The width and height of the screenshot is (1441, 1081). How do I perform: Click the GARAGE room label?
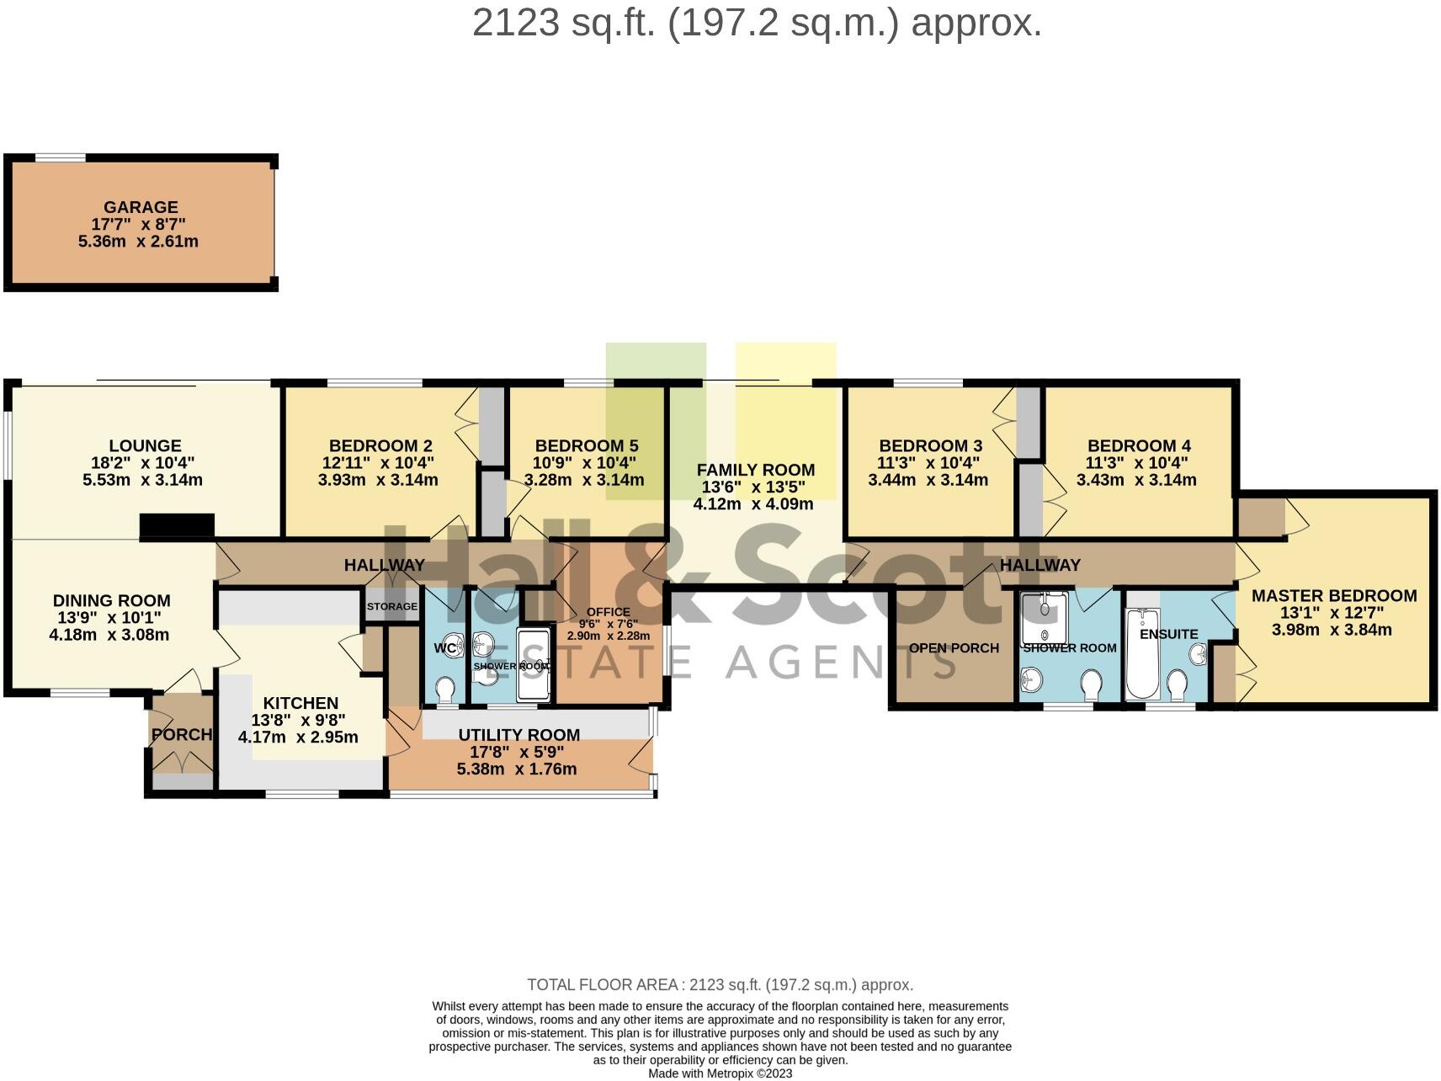tap(141, 207)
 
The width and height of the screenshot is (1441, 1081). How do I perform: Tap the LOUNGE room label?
tap(145, 446)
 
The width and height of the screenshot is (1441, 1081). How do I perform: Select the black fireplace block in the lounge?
tap(177, 525)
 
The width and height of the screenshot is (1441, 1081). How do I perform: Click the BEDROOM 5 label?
tap(586, 446)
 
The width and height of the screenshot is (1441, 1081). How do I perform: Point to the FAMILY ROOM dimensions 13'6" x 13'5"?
tap(753, 487)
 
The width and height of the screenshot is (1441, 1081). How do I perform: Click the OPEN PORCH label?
tap(954, 648)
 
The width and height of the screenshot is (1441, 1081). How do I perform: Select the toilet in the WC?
tap(445, 691)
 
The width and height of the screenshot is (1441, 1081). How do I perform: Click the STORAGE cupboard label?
tap(392, 606)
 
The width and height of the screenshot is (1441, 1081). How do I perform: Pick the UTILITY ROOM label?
tap(518, 735)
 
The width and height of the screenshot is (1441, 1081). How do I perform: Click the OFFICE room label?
tap(608, 612)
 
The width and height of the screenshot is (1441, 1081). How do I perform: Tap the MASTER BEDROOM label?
tap(1334, 596)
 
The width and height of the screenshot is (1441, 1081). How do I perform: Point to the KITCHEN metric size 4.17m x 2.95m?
tap(298, 738)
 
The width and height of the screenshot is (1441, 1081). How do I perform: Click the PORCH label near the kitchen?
tap(182, 734)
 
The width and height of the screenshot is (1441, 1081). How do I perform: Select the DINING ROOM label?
tap(111, 601)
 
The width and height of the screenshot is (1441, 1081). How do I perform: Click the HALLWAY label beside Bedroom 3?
tap(1040, 565)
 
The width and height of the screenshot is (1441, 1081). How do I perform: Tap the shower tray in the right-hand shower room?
tap(1044, 618)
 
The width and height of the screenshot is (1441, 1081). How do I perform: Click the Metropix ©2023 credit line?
tap(720, 1073)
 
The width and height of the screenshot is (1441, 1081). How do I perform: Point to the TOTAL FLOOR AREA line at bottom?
tap(720, 985)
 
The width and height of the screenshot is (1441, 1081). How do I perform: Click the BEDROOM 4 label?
tap(1138, 446)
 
